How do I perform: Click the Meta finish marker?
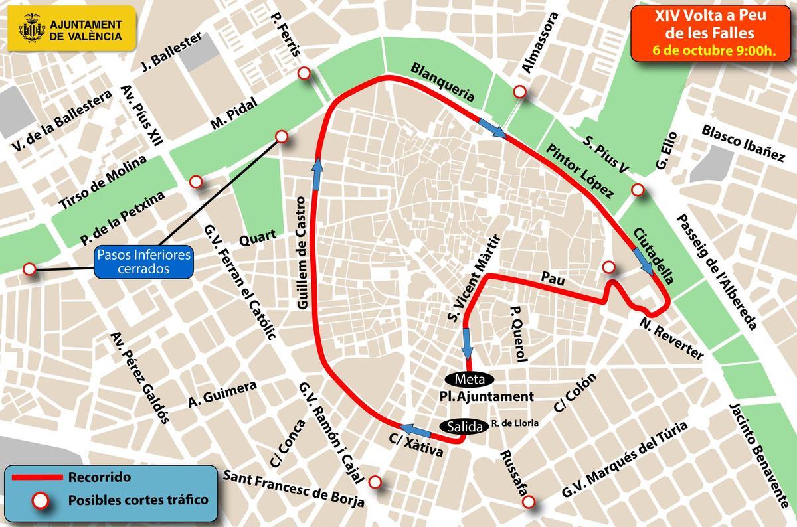point(470,380)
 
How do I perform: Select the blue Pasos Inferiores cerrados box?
point(143,262)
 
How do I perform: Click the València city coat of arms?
point(29,30)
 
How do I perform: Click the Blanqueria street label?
point(443,82)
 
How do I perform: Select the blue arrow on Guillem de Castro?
point(317,174)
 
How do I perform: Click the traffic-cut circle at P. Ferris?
point(305,74)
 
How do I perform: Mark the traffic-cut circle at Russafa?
point(529,502)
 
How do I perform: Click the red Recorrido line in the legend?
point(37,477)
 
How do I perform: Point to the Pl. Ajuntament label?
point(486,397)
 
